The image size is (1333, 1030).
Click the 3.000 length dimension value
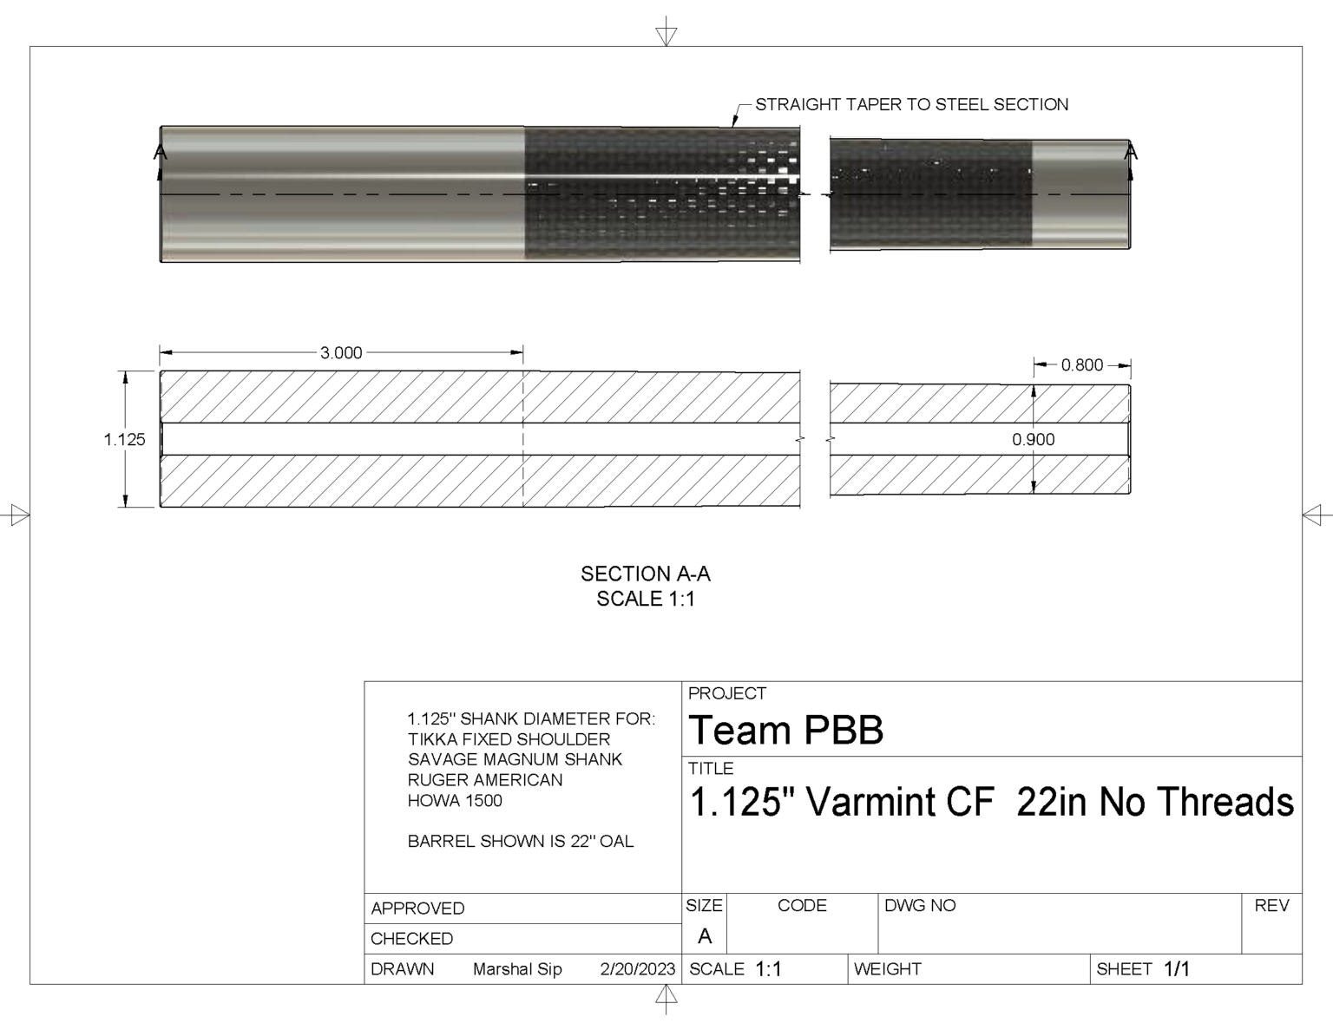coord(341,353)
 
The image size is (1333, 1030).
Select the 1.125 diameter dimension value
coord(125,439)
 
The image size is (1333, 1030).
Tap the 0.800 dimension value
coord(1081,365)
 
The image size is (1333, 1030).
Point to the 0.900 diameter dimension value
coord(1033,440)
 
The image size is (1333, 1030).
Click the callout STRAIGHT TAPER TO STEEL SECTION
coord(911,105)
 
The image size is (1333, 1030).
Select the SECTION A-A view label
coord(645,574)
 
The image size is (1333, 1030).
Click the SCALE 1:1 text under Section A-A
coord(645,599)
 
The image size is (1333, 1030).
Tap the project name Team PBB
coord(785,731)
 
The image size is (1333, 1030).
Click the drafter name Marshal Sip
coord(517,969)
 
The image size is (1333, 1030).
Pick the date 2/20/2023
coord(637,969)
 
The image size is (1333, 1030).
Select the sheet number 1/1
coord(1176,969)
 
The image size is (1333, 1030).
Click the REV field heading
coord(1271,906)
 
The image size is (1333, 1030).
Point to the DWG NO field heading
coord(919,906)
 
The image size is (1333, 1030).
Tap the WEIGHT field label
coord(887,969)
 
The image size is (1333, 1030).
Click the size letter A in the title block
coord(704,936)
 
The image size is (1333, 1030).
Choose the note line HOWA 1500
coord(455,801)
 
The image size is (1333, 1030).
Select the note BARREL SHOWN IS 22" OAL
coord(521,842)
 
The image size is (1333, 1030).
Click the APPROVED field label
coord(417,909)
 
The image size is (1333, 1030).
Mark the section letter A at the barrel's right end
coord(1131,153)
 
